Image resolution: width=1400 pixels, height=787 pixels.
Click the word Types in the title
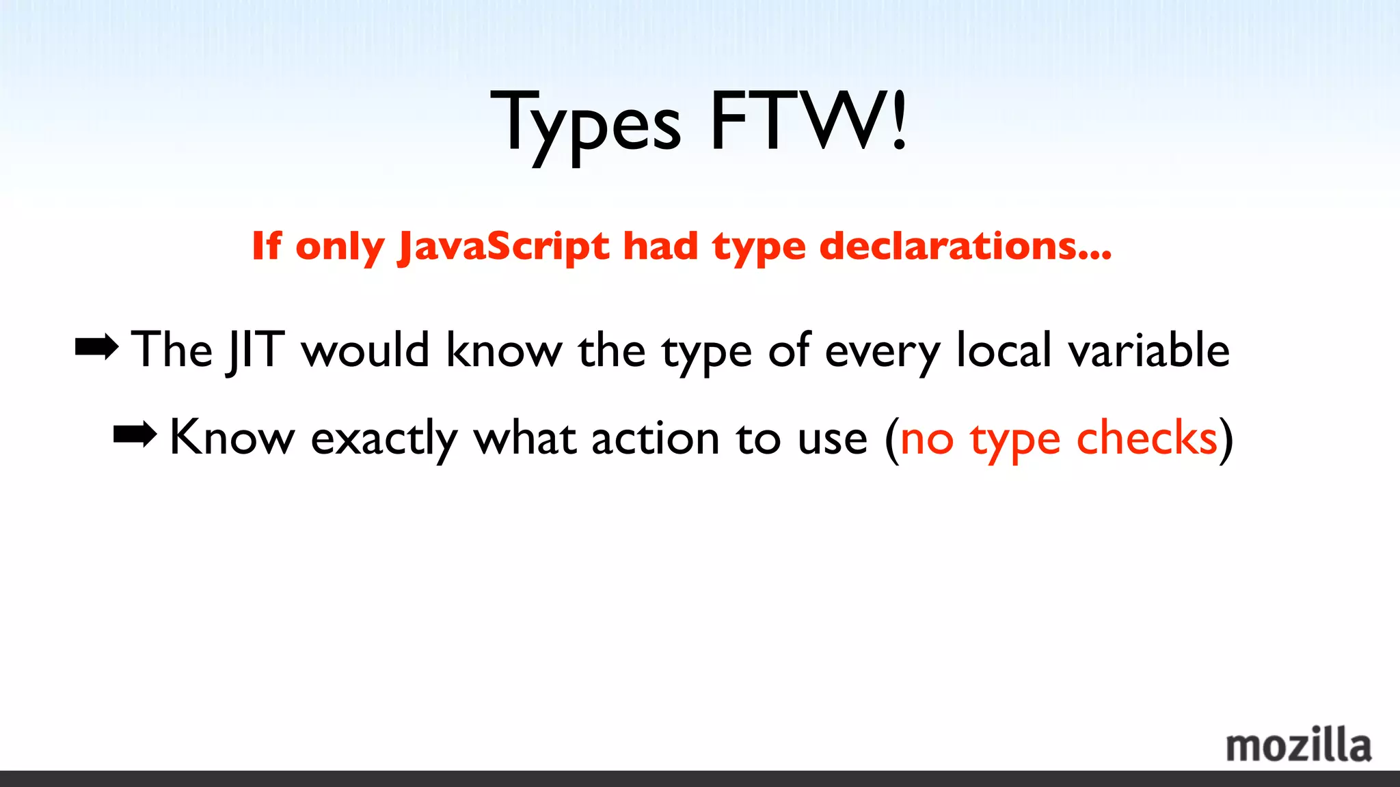tap(586, 124)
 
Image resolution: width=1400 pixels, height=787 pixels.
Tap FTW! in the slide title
tap(809, 122)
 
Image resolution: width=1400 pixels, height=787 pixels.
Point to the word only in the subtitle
tap(339, 247)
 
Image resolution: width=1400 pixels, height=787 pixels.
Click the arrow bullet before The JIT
tap(96, 348)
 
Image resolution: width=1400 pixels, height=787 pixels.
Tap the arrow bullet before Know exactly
tap(135, 434)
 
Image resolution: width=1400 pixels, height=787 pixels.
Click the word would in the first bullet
tap(365, 350)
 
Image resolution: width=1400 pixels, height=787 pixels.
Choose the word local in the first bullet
tap(1004, 350)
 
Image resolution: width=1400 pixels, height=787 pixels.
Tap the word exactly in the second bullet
tap(384, 439)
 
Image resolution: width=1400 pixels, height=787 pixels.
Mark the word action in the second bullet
tap(655, 439)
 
